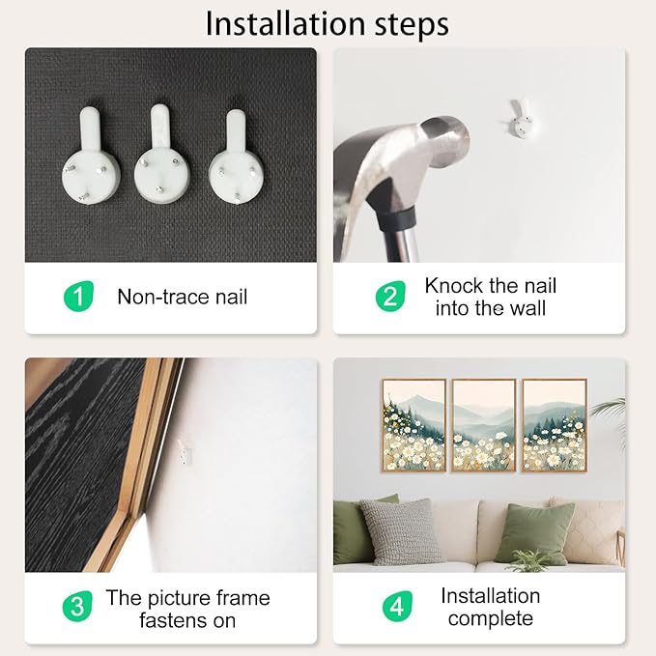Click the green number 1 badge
pos(78,297)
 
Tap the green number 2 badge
pos(390,297)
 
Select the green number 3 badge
pos(77,606)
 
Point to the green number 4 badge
pos(397,606)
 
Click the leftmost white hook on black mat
pos(91,157)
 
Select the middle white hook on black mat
pos(162,154)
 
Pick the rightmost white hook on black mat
pos(236,157)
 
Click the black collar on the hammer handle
pos(397,218)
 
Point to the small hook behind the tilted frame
pos(185,452)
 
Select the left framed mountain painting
pos(414,425)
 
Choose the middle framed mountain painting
pos(484,425)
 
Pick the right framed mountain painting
pos(554,425)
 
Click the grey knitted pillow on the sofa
pos(401,531)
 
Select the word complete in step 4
pos(491,618)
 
